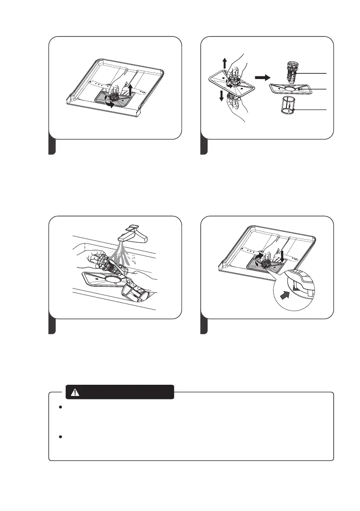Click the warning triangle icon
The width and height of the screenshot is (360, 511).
[x=76, y=392]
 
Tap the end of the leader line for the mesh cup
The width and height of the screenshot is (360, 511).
[x=327, y=110]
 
